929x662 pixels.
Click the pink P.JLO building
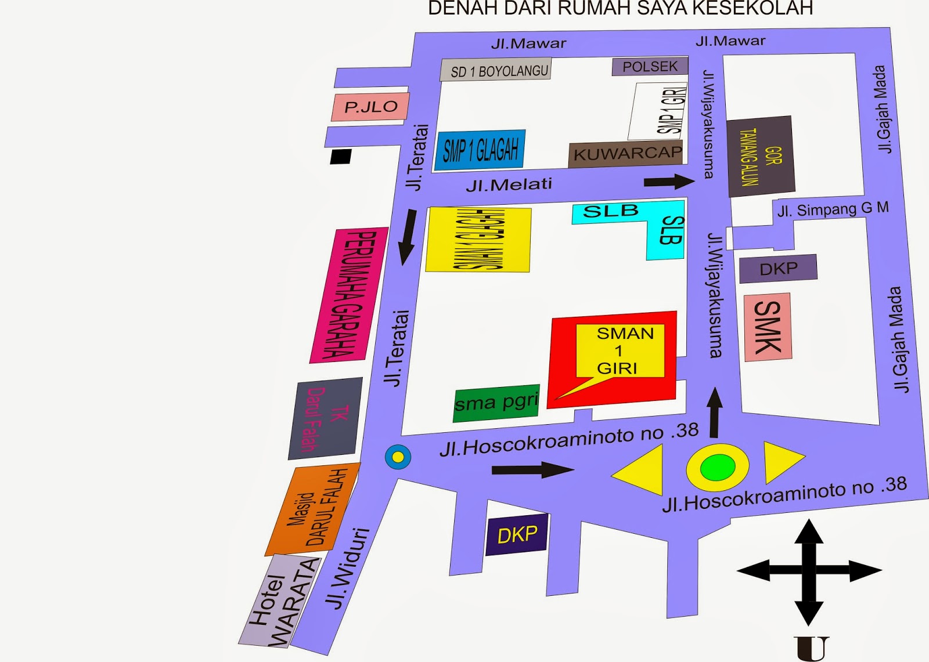coord(370,107)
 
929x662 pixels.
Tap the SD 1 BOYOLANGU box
coord(496,70)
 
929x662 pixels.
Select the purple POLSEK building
coord(650,67)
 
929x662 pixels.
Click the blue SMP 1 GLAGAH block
coord(480,150)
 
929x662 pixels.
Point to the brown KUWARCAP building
coord(626,154)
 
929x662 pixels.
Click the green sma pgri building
coord(496,403)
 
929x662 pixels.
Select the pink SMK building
coord(768,327)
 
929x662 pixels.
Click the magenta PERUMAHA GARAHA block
coord(349,295)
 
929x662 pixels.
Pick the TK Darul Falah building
coord(325,418)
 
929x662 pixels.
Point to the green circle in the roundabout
coord(717,468)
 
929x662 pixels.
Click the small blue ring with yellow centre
coord(398,457)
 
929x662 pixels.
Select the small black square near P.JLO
coord(341,157)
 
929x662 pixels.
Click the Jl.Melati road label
coord(509,185)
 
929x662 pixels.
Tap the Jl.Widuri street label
coord(347,569)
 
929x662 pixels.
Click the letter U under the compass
coord(811,649)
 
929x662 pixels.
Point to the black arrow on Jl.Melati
coord(669,182)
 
